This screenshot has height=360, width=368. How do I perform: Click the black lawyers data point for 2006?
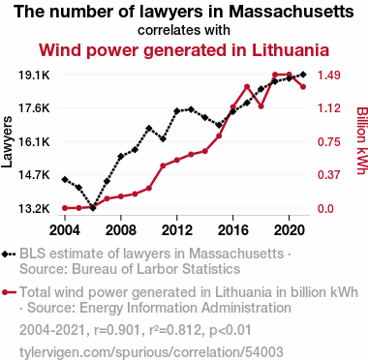93,208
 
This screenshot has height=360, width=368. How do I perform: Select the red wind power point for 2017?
247,87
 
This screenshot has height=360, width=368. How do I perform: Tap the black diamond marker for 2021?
303,75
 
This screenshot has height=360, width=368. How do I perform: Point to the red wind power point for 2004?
65,208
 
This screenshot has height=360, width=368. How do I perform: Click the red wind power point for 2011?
163,165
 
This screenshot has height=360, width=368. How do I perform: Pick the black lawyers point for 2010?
149,129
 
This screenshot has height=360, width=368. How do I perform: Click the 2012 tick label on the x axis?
177,230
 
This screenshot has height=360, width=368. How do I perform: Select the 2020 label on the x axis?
290,230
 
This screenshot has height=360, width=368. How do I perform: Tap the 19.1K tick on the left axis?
34,75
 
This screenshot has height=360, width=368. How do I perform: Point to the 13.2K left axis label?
34,209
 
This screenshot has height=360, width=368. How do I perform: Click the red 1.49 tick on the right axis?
329,75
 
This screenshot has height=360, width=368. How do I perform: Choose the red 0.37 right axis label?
329,175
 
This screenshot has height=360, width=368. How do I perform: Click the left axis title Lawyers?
7,142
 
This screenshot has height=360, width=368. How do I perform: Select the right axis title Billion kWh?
362,140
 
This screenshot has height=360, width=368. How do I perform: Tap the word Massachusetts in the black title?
291,12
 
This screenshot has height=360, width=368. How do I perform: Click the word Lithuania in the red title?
291,50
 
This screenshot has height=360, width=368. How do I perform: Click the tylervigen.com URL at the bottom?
151,352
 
